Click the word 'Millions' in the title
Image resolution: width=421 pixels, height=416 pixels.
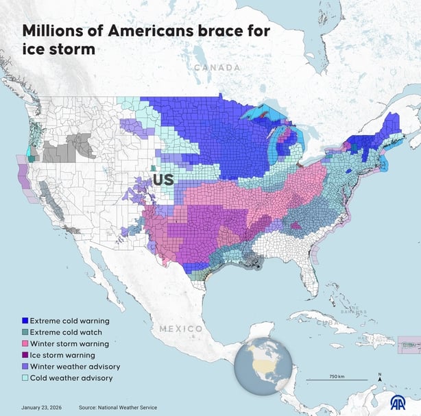tap(54, 31)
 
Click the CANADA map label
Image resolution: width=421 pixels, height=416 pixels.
tap(217, 68)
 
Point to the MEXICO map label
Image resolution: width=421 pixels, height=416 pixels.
tap(181, 329)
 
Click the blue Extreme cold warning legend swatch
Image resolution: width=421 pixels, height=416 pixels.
tap(25, 320)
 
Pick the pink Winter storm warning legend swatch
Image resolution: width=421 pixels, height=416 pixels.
tap(25, 344)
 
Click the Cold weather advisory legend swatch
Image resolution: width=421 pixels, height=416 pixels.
tap(25, 378)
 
